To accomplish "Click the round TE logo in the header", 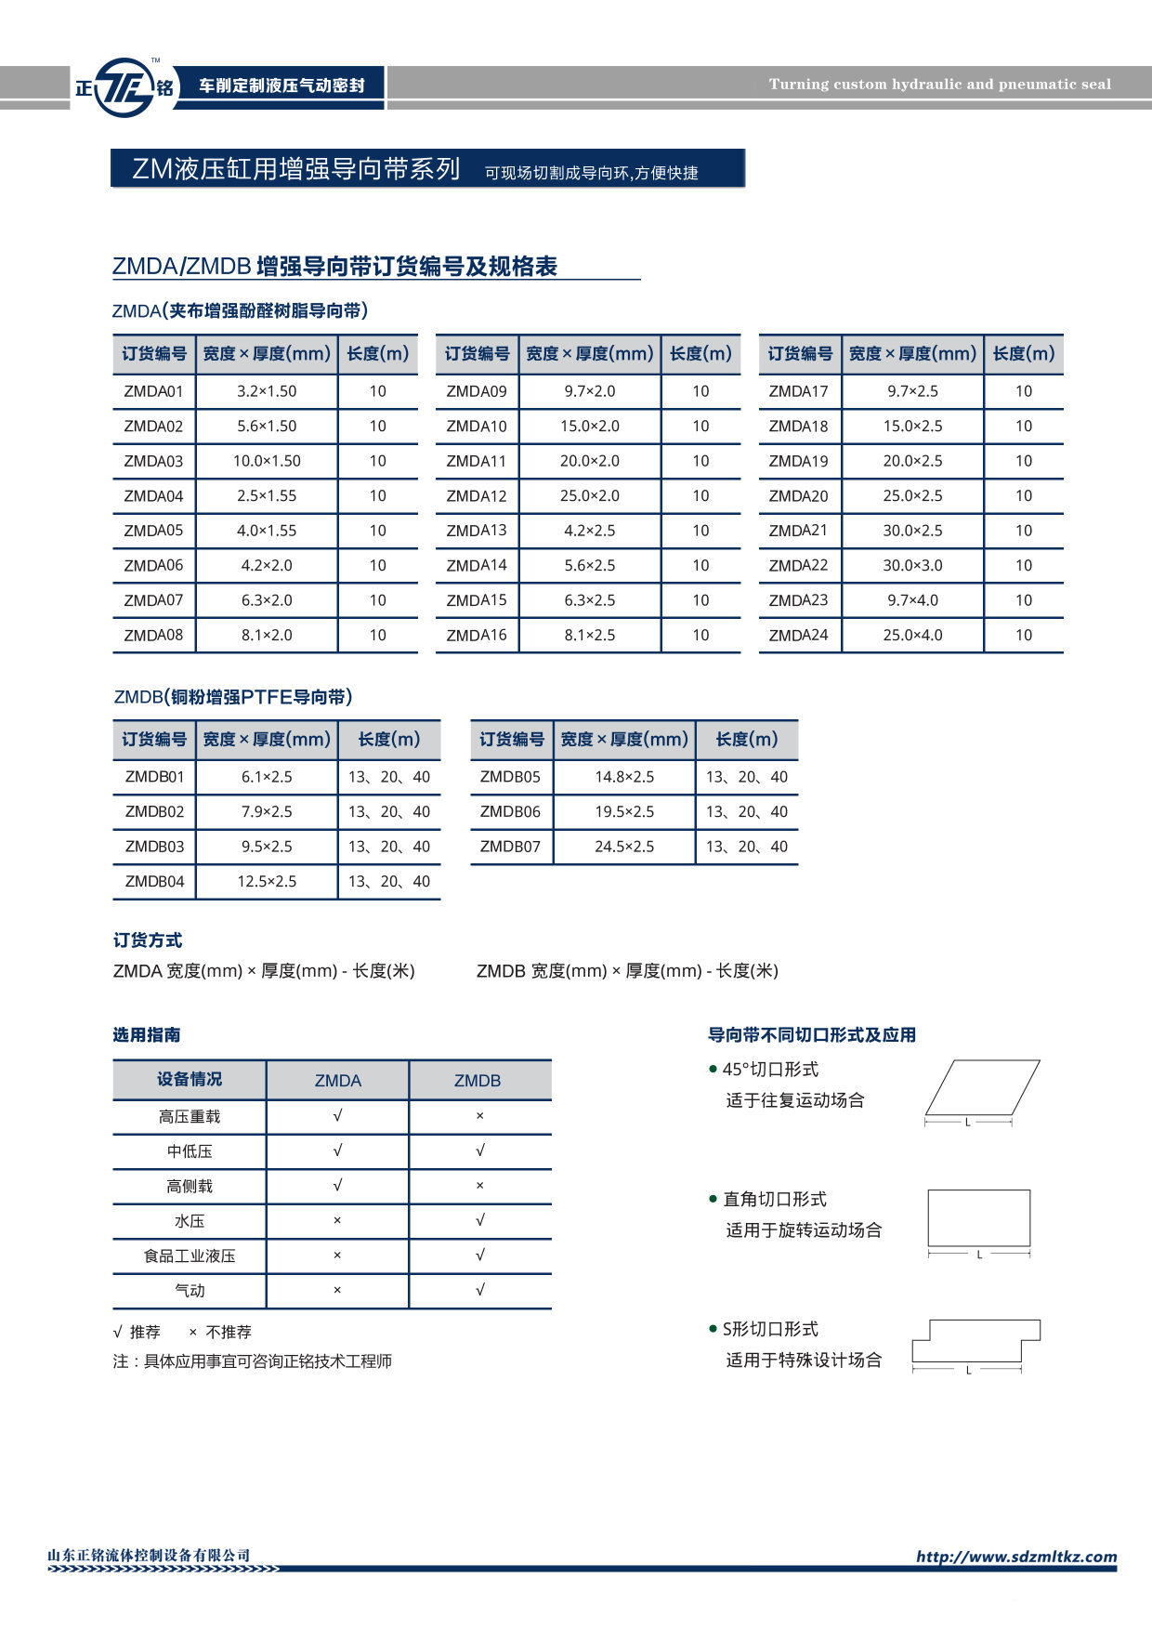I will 124,87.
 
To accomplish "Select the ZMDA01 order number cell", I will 153,391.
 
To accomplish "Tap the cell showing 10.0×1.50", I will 267,461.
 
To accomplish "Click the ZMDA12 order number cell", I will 477,496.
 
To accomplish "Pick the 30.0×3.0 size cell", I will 912,565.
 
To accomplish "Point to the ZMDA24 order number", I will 798,636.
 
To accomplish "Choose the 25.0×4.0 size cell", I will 912,636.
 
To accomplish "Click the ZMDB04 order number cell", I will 154,882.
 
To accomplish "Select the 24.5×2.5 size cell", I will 624,847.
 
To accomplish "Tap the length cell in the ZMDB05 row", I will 746,777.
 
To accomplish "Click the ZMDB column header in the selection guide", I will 478,1081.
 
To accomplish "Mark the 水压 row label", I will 190,1221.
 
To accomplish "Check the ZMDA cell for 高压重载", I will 337,1116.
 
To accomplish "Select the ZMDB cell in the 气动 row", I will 479,1290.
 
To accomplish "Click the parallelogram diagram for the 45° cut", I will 982,1087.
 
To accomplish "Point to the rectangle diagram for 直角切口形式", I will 979,1217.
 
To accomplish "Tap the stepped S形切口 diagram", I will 975,1342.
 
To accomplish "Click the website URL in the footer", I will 1016,1557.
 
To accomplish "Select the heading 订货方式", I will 148,940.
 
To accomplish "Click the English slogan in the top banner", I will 939,85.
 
